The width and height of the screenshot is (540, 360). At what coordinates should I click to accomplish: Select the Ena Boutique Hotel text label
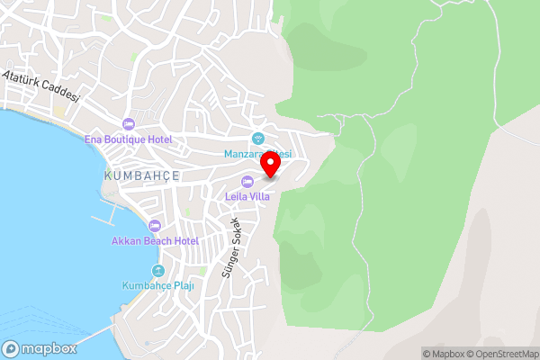(x=128, y=139)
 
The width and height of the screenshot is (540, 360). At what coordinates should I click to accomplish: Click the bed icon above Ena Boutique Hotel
(x=128, y=123)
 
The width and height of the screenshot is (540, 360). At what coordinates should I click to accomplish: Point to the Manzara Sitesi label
(x=257, y=154)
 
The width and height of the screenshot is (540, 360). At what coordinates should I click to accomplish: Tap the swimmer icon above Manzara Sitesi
(x=258, y=139)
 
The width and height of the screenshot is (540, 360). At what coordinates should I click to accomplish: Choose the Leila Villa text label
(x=247, y=196)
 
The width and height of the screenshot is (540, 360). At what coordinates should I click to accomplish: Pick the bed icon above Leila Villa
(x=247, y=182)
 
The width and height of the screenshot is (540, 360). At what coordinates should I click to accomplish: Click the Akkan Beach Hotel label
(x=155, y=241)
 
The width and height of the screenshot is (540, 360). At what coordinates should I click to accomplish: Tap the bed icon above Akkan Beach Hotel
(x=155, y=226)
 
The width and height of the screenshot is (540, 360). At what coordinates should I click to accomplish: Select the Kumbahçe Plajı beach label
(x=158, y=286)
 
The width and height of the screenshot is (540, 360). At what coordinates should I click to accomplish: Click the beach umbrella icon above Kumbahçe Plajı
(x=159, y=271)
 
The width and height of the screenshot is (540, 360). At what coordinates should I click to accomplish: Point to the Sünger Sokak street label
(x=231, y=247)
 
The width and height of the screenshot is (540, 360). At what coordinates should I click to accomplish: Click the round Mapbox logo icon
(x=12, y=348)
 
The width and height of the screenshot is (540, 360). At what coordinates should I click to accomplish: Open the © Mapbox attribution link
(x=445, y=354)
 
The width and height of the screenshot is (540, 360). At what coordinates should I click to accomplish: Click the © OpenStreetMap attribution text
(x=503, y=354)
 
